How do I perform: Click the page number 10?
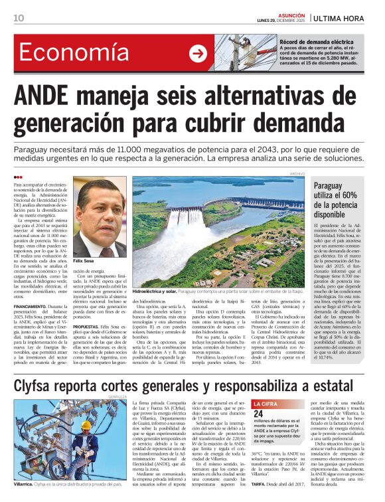19,17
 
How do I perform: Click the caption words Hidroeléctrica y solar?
155,292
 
